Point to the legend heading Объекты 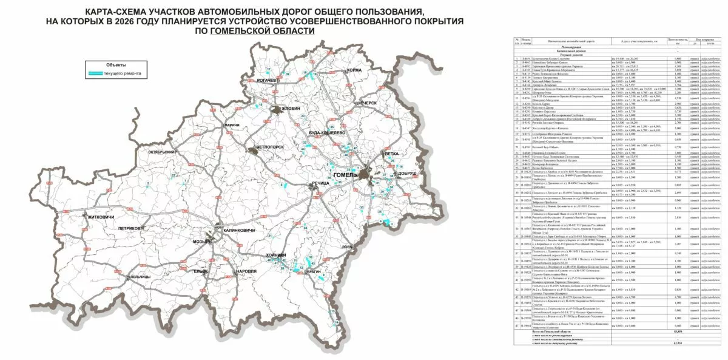pyautogui.click(x=116, y=64)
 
